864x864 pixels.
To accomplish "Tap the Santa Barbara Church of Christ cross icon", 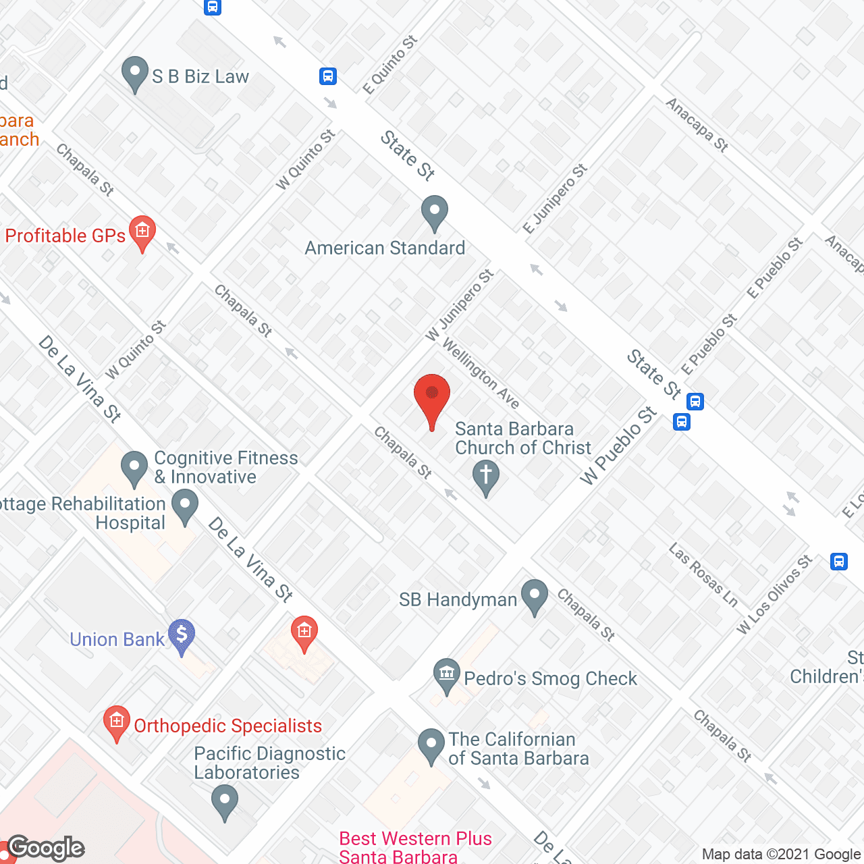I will click(x=485, y=477).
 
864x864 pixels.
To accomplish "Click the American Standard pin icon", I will click(x=434, y=213).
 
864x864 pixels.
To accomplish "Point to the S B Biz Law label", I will click(x=200, y=77).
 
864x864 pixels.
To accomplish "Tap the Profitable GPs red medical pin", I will click(x=142, y=234).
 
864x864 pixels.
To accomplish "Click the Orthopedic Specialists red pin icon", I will click(x=117, y=724).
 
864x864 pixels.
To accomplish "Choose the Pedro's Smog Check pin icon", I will click(x=446, y=676).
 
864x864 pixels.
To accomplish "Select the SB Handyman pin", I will click(x=535, y=597).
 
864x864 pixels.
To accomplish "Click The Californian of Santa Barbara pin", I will click(x=431, y=747).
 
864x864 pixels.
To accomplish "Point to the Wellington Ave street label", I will click(x=481, y=373).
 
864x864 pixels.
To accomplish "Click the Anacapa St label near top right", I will click(x=697, y=125).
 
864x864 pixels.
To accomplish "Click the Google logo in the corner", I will click(x=46, y=848).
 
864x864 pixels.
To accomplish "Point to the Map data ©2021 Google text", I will click(x=782, y=855).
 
